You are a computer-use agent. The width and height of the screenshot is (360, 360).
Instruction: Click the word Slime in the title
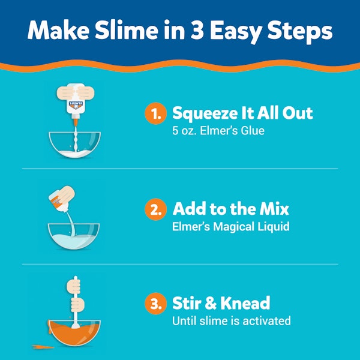point(136,31)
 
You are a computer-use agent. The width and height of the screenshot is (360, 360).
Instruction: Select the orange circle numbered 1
point(155,113)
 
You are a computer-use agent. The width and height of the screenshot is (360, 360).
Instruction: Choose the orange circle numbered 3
point(155,304)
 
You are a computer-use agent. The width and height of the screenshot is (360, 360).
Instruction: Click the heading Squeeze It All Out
point(242,113)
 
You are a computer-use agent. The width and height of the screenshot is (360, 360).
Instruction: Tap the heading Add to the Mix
point(231,209)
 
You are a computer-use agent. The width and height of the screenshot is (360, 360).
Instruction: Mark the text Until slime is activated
point(231,321)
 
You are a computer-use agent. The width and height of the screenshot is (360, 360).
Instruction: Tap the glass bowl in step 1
point(73,146)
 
